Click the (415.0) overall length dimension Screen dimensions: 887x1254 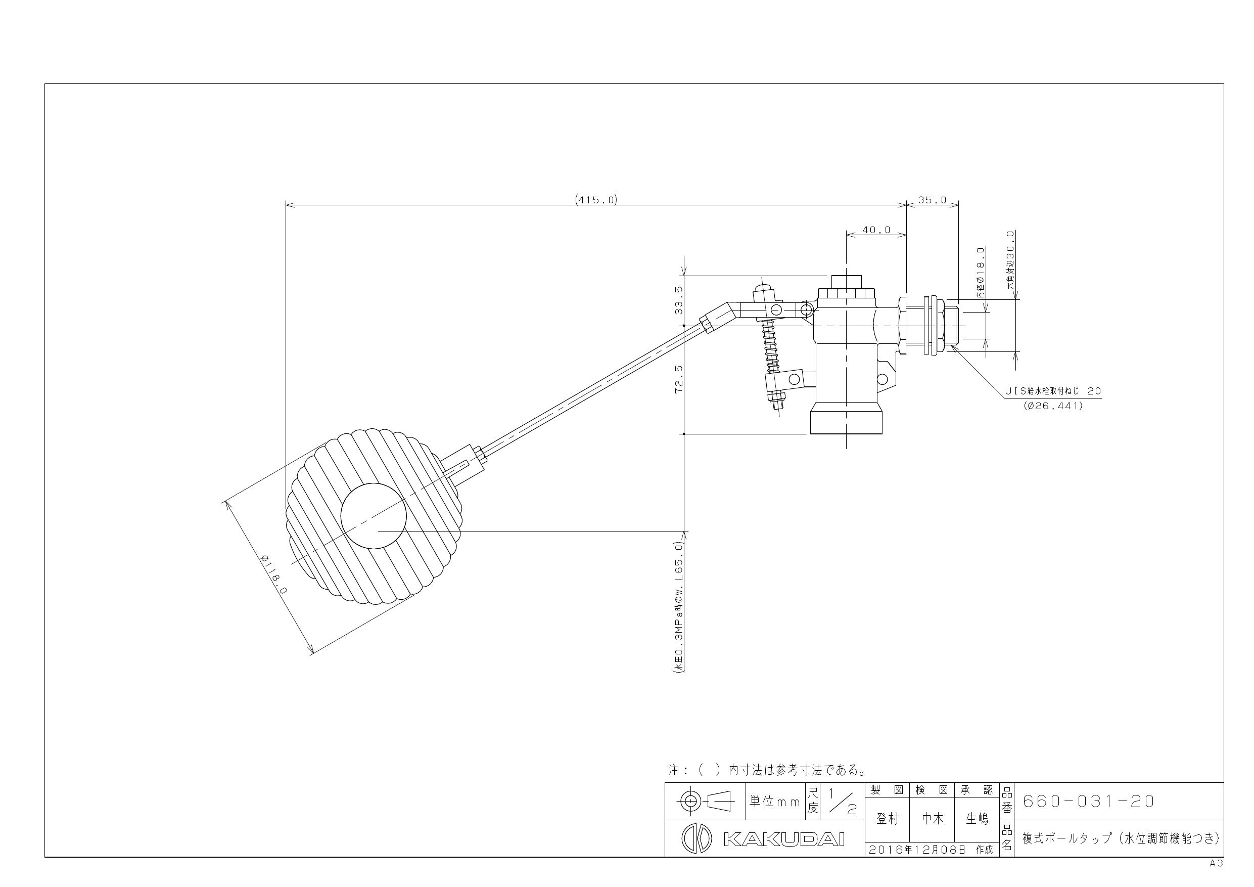click(x=596, y=200)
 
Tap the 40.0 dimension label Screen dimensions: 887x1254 click(x=876, y=230)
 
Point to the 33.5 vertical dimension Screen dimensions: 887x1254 click(x=678, y=300)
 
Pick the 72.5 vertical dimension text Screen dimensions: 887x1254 click(x=678, y=379)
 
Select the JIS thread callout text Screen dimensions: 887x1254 click(x=1053, y=391)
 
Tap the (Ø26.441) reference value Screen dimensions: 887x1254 click(x=1053, y=406)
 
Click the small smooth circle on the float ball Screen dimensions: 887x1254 click(x=374, y=516)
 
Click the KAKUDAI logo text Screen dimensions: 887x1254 click(x=784, y=839)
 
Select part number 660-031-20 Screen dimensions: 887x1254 click(x=1089, y=801)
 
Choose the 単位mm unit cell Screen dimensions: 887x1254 click(x=774, y=802)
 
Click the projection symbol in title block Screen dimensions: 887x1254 click(x=704, y=802)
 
